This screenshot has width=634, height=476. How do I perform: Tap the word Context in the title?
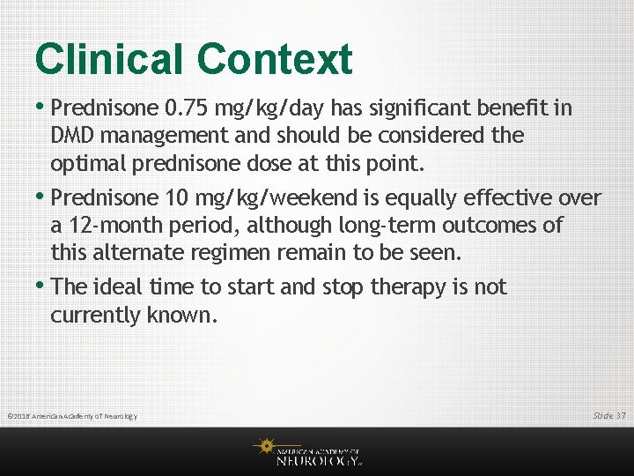[x=274, y=60]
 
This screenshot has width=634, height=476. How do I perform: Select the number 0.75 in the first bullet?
[x=188, y=108]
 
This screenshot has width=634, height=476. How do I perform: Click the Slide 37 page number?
[x=608, y=414]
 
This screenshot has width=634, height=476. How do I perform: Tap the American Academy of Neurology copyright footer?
[x=72, y=416]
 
